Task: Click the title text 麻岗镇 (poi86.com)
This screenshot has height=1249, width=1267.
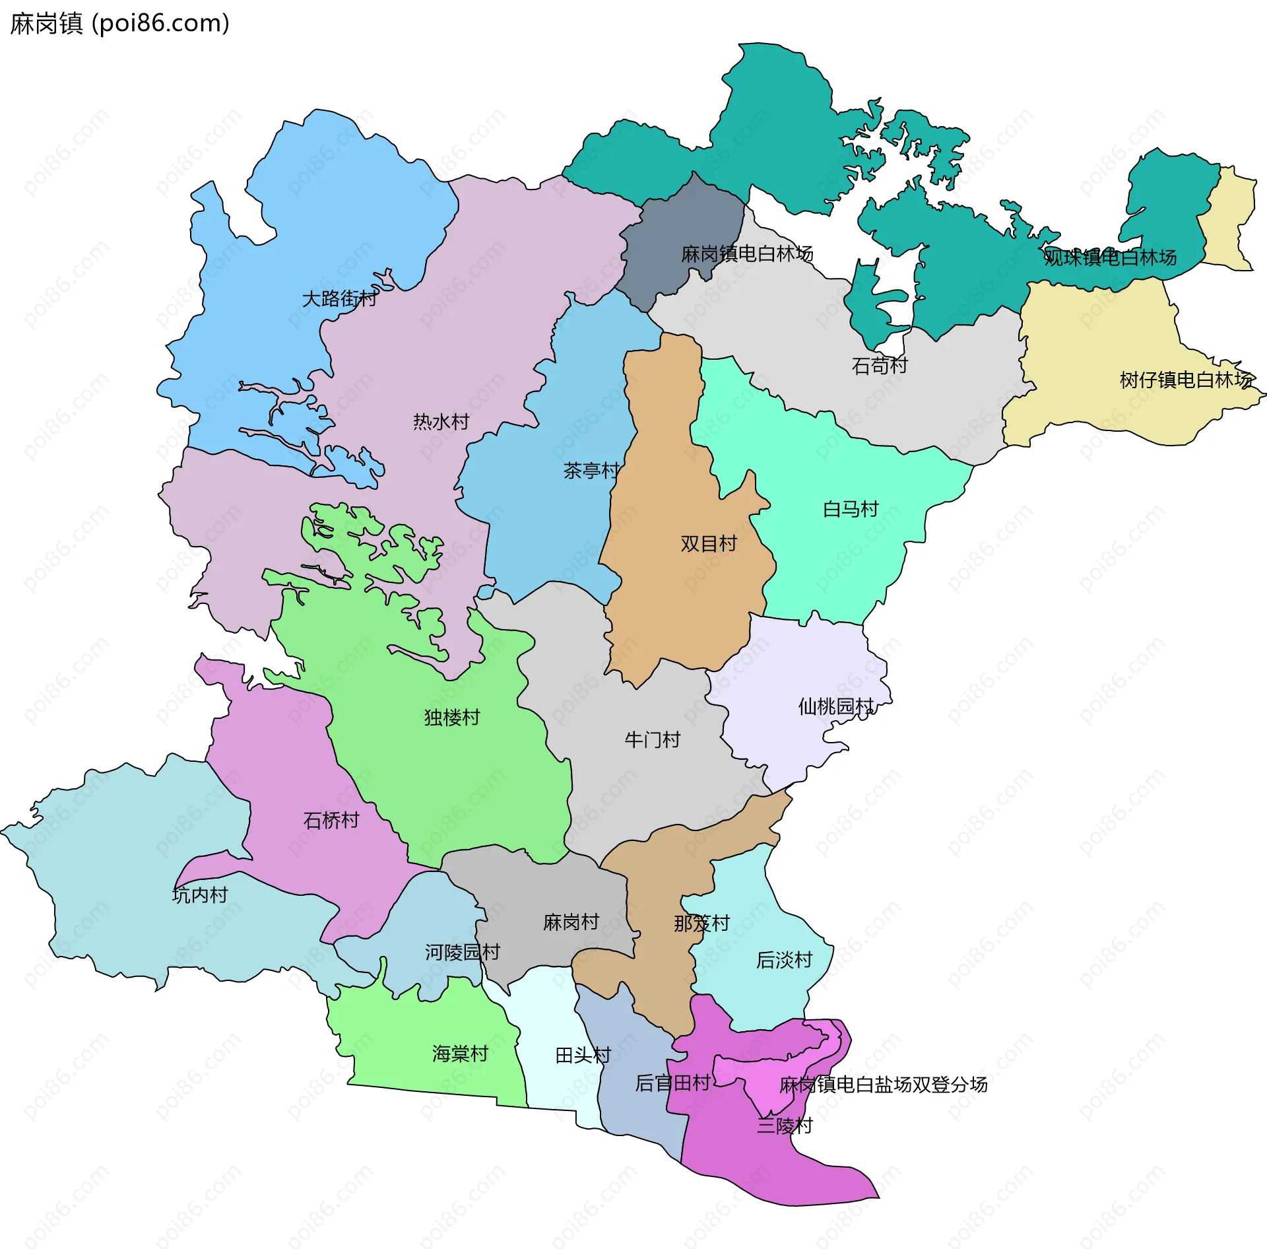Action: click(x=119, y=24)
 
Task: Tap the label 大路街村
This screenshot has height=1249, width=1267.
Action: click(x=339, y=299)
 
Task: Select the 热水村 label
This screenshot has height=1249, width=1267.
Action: click(x=441, y=422)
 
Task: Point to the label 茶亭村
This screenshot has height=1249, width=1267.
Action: click(x=591, y=471)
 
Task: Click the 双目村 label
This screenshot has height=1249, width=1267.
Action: click(x=708, y=544)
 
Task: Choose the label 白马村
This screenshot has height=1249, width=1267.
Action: click(x=851, y=509)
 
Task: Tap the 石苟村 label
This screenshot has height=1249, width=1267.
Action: click(x=880, y=365)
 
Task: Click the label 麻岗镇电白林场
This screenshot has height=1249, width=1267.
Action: click(x=746, y=253)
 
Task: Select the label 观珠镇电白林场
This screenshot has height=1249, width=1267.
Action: click(x=1110, y=257)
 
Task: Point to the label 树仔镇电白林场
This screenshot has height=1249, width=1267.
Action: click(x=1186, y=380)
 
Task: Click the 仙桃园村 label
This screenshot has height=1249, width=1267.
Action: click(x=835, y=706)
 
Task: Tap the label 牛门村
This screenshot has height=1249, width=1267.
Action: click(x=652, y=739)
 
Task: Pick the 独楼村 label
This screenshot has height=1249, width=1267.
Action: click(x=452, y=717)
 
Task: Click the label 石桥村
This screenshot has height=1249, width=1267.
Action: click(x=331, y=821)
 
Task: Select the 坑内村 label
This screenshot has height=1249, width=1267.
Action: click(x=200, y=895)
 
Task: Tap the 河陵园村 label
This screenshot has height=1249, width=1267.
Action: click(x=462, y=952)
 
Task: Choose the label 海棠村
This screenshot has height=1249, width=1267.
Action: click(x=460, y=1054)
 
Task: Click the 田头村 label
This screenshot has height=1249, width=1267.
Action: click(x=583, y=1056)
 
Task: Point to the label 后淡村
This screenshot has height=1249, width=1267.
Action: click(x=784, y=960)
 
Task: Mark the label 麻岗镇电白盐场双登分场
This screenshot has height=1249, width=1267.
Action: click(x=883, y=1085)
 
